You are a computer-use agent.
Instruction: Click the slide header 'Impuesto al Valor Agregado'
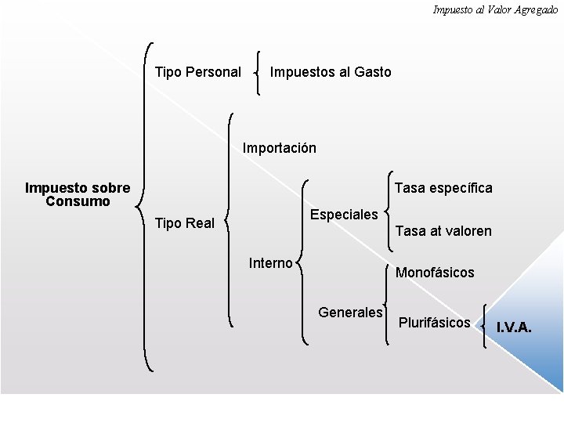click(495, 9)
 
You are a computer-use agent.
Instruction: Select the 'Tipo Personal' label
click(198, 72)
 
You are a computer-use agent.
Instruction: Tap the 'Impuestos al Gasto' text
click(330, 72)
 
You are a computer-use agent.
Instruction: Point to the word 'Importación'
click(280, 147)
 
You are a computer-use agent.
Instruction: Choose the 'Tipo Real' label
click(185, 223)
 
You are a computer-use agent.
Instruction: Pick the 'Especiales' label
click(345, 215)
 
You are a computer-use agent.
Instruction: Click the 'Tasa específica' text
click(443, 188)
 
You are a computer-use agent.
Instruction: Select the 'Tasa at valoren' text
click(443, 231)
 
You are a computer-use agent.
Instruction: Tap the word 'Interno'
click(270, 262)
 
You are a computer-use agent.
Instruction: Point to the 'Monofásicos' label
click(435, 273)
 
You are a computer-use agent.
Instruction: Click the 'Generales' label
click(350, 313)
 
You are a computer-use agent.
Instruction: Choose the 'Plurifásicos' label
click(435, 322)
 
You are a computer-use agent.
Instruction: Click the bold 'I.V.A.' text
click(514, 327)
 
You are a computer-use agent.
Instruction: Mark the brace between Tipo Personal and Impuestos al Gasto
click(258, 73)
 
